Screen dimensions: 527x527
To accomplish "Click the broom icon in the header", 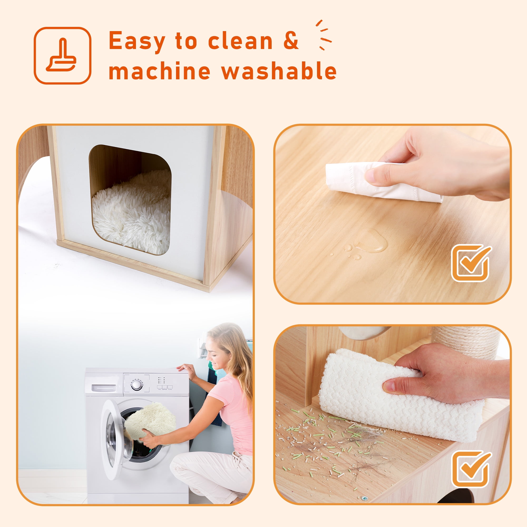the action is point(62,55).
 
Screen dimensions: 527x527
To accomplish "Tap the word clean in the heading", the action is point(240,41).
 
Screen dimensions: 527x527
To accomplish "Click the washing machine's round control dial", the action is point(136,385).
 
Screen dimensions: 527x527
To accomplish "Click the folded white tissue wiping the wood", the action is point(383,182).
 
